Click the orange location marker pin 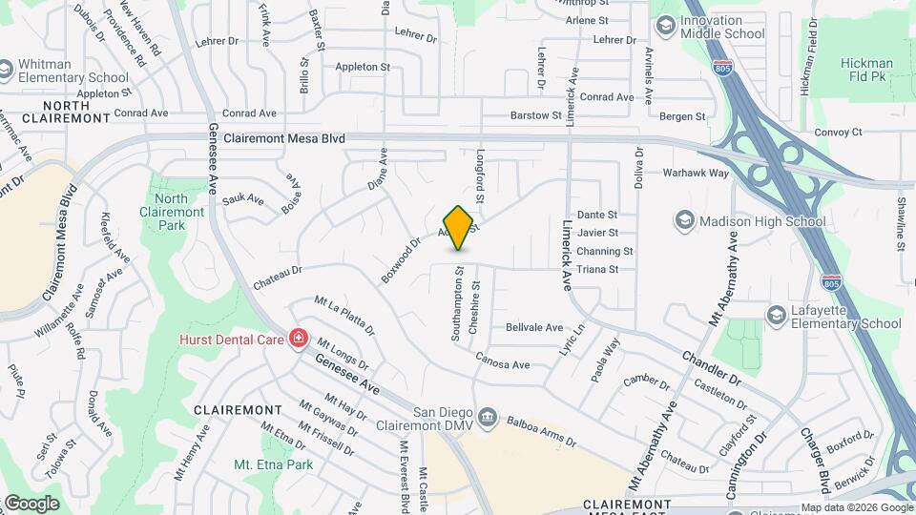click(459, 227)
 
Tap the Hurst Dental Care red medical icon click(299, 339)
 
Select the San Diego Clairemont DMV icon click(487, 417)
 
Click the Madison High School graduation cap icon click(683, 221)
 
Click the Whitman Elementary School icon click(8, 71)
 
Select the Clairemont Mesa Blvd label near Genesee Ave click(284, 138)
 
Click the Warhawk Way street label click(697, 174)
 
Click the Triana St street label click(601, 270)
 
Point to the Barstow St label click(536, 115)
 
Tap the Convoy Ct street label click(838, 132)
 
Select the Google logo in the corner click(31, 503)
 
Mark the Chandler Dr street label click(711, 368)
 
